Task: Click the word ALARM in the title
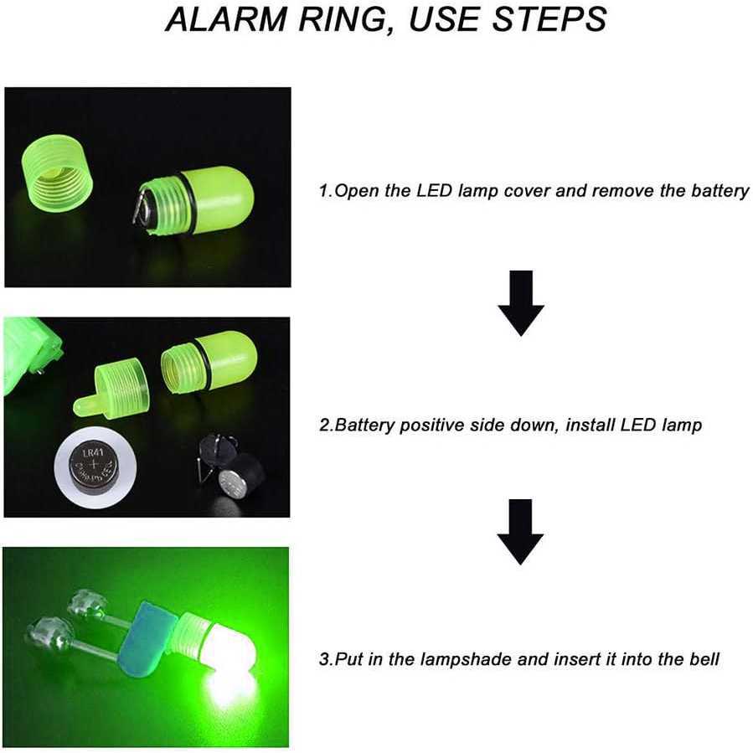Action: [225, 19]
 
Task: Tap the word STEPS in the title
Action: [549, 19]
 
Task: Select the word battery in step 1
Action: [719, 191]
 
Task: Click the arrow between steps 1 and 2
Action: [521, 303]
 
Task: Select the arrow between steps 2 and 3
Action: [520, 532]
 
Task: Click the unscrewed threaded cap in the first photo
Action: [57, 173]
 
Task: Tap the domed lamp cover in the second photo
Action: [209, 362]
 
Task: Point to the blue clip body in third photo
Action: [147, 637]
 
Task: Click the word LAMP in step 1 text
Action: [477, 191]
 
